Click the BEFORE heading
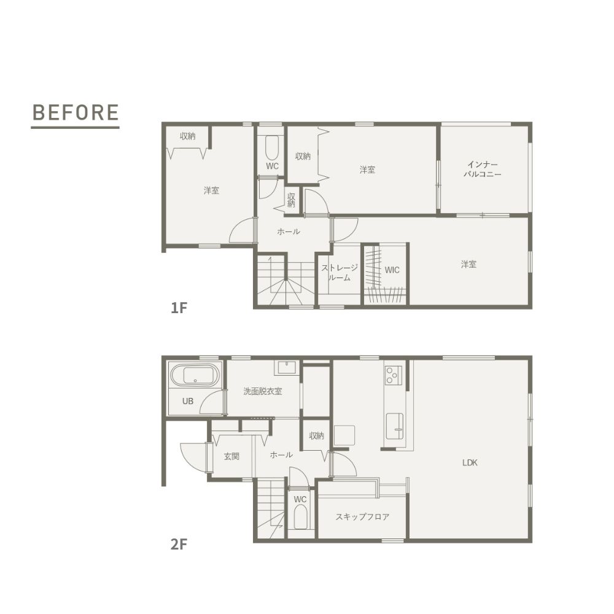click(76, 112)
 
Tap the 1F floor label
click(179, 308)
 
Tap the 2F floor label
click(179, 544)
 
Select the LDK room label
click(470, 462)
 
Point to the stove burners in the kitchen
click(394, 375)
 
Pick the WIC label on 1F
click(392, 270)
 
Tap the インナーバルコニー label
click(483, 169)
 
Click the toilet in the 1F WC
click(272, 147)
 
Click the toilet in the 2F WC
click(300, 517)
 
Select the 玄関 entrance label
click(231, 456)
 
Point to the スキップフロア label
click(362, 517)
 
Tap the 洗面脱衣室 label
click(262, 391)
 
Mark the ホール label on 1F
click(289, 231)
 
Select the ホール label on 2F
click(282, 454)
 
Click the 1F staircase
click(286, 279)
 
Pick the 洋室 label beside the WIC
click(468, 265)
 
